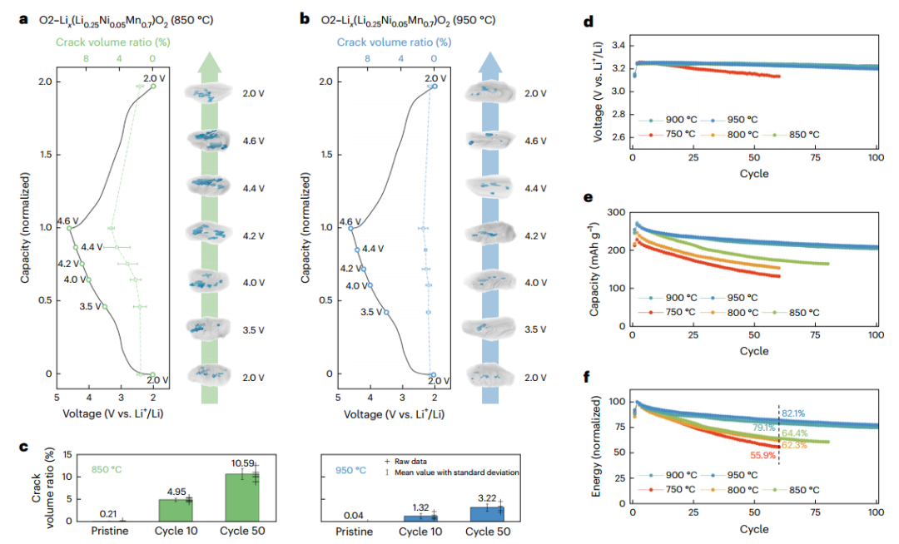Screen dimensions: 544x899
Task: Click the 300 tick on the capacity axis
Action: (x=618, y=213)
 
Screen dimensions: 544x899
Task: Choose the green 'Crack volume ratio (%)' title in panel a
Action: (x=113, y=42)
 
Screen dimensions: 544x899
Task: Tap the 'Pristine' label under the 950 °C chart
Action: (x=362, y=530)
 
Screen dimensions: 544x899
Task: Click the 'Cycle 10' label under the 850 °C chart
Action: (x=175, y=530)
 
